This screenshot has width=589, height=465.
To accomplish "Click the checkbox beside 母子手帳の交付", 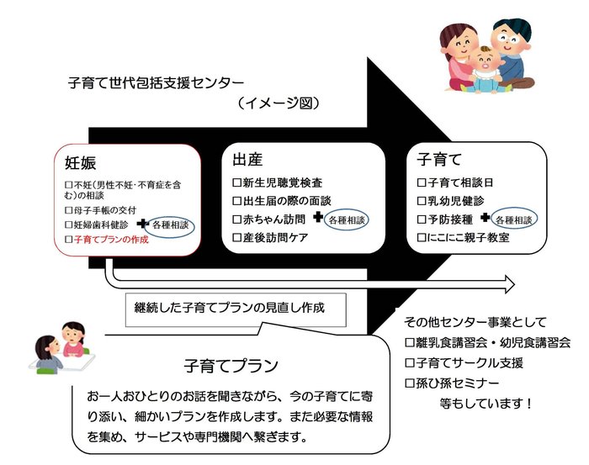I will pos(70,209).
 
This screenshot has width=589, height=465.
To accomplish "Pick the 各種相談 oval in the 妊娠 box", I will pos(171,225).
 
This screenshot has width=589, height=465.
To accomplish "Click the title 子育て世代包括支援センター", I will pos(156,84).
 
